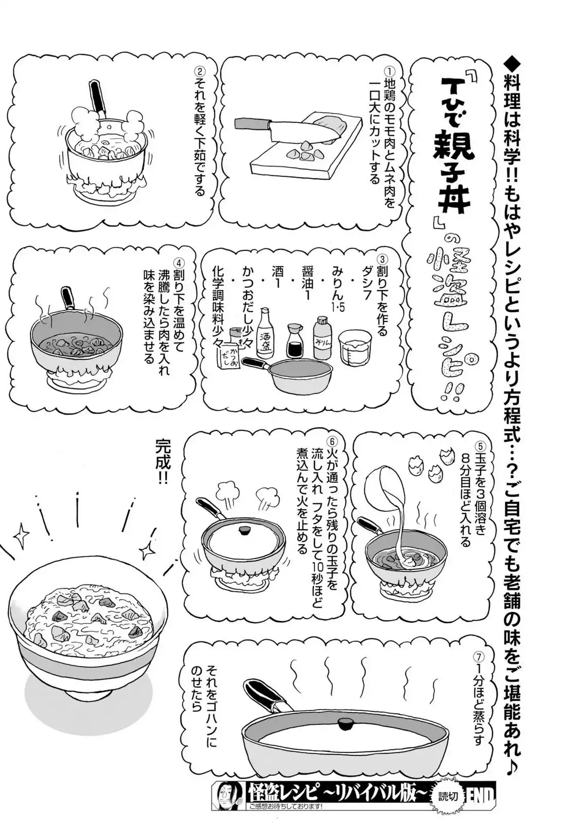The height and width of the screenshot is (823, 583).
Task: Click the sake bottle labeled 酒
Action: click(x=265, y=333)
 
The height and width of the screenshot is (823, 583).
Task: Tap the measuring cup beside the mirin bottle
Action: click(x=353, y=348)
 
